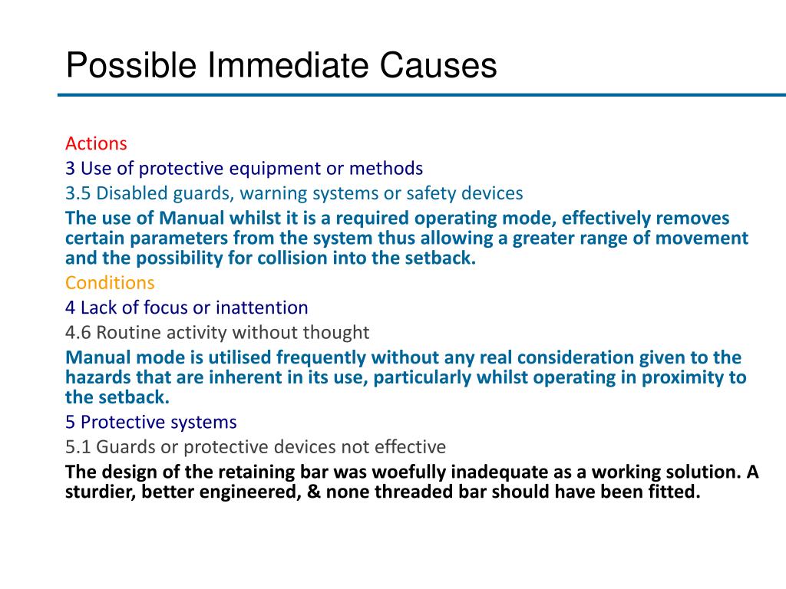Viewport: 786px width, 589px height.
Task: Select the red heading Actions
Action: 96,143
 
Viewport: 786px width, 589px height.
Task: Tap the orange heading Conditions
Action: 110,283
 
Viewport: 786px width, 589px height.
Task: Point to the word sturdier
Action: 99,492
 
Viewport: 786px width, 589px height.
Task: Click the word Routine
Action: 128,333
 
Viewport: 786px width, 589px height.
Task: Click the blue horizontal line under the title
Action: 421,95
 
